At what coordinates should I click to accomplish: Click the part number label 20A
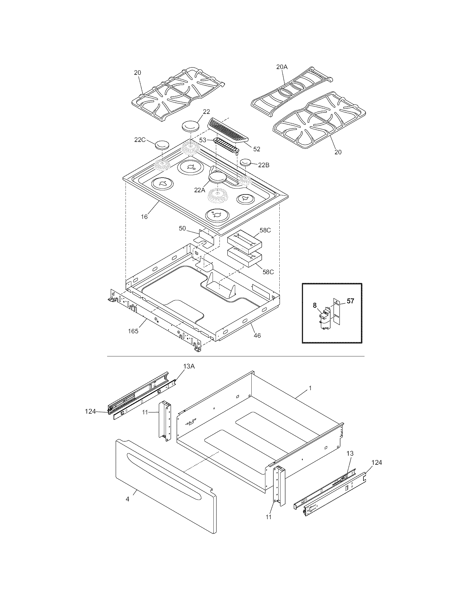pyautogui.click(x=282, y=67)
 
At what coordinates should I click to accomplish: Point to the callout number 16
pyautogui.click(x=144, y=217)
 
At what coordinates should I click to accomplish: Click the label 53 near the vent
pyautogui.click(x=203, y=140)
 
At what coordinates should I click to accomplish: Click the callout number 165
pyautogui.click(x=133, y=331)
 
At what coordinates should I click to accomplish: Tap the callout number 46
pyautogui.click(x=257, y=335)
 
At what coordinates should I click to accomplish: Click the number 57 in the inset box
pyautogui.click(x=350, y=301)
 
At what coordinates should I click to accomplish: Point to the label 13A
pyautogui.click(x=189, y=366)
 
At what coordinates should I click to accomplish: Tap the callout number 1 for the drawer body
pyautogui.click(x=310, y=388)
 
